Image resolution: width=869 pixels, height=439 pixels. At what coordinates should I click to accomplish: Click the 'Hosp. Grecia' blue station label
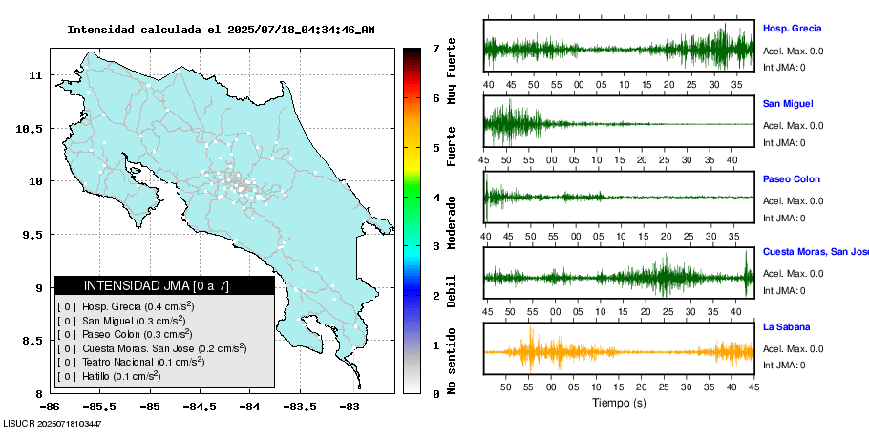[x=792, y=29]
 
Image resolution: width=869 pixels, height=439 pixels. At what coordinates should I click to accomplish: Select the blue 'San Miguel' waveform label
[x=788, y=103]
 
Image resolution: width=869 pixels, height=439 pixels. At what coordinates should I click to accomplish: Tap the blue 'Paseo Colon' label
[x=791, y=179]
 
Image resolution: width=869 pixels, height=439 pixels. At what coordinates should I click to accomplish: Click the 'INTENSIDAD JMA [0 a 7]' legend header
[x=164, y=285]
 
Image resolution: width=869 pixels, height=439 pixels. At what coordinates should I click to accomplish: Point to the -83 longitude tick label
[x=350, y=406]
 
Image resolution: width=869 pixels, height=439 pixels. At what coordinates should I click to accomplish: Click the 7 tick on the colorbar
[x=435, y=48]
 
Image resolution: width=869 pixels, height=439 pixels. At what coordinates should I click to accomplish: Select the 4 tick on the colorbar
[x=435, y=198]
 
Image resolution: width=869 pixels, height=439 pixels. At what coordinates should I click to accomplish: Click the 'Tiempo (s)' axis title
[x=619, y=403]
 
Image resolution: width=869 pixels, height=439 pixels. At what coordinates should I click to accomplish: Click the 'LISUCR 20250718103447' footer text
[x=53, y=423]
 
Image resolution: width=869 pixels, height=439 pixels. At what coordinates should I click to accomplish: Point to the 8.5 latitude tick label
[x=34, y=341]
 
